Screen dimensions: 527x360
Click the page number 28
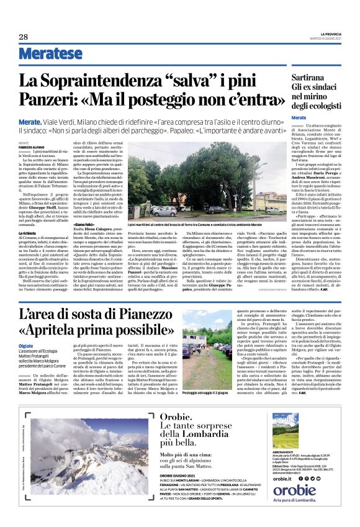coord(24,37)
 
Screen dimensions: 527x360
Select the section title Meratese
coord(50,54)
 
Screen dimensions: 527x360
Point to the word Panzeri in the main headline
coord(46,100)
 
